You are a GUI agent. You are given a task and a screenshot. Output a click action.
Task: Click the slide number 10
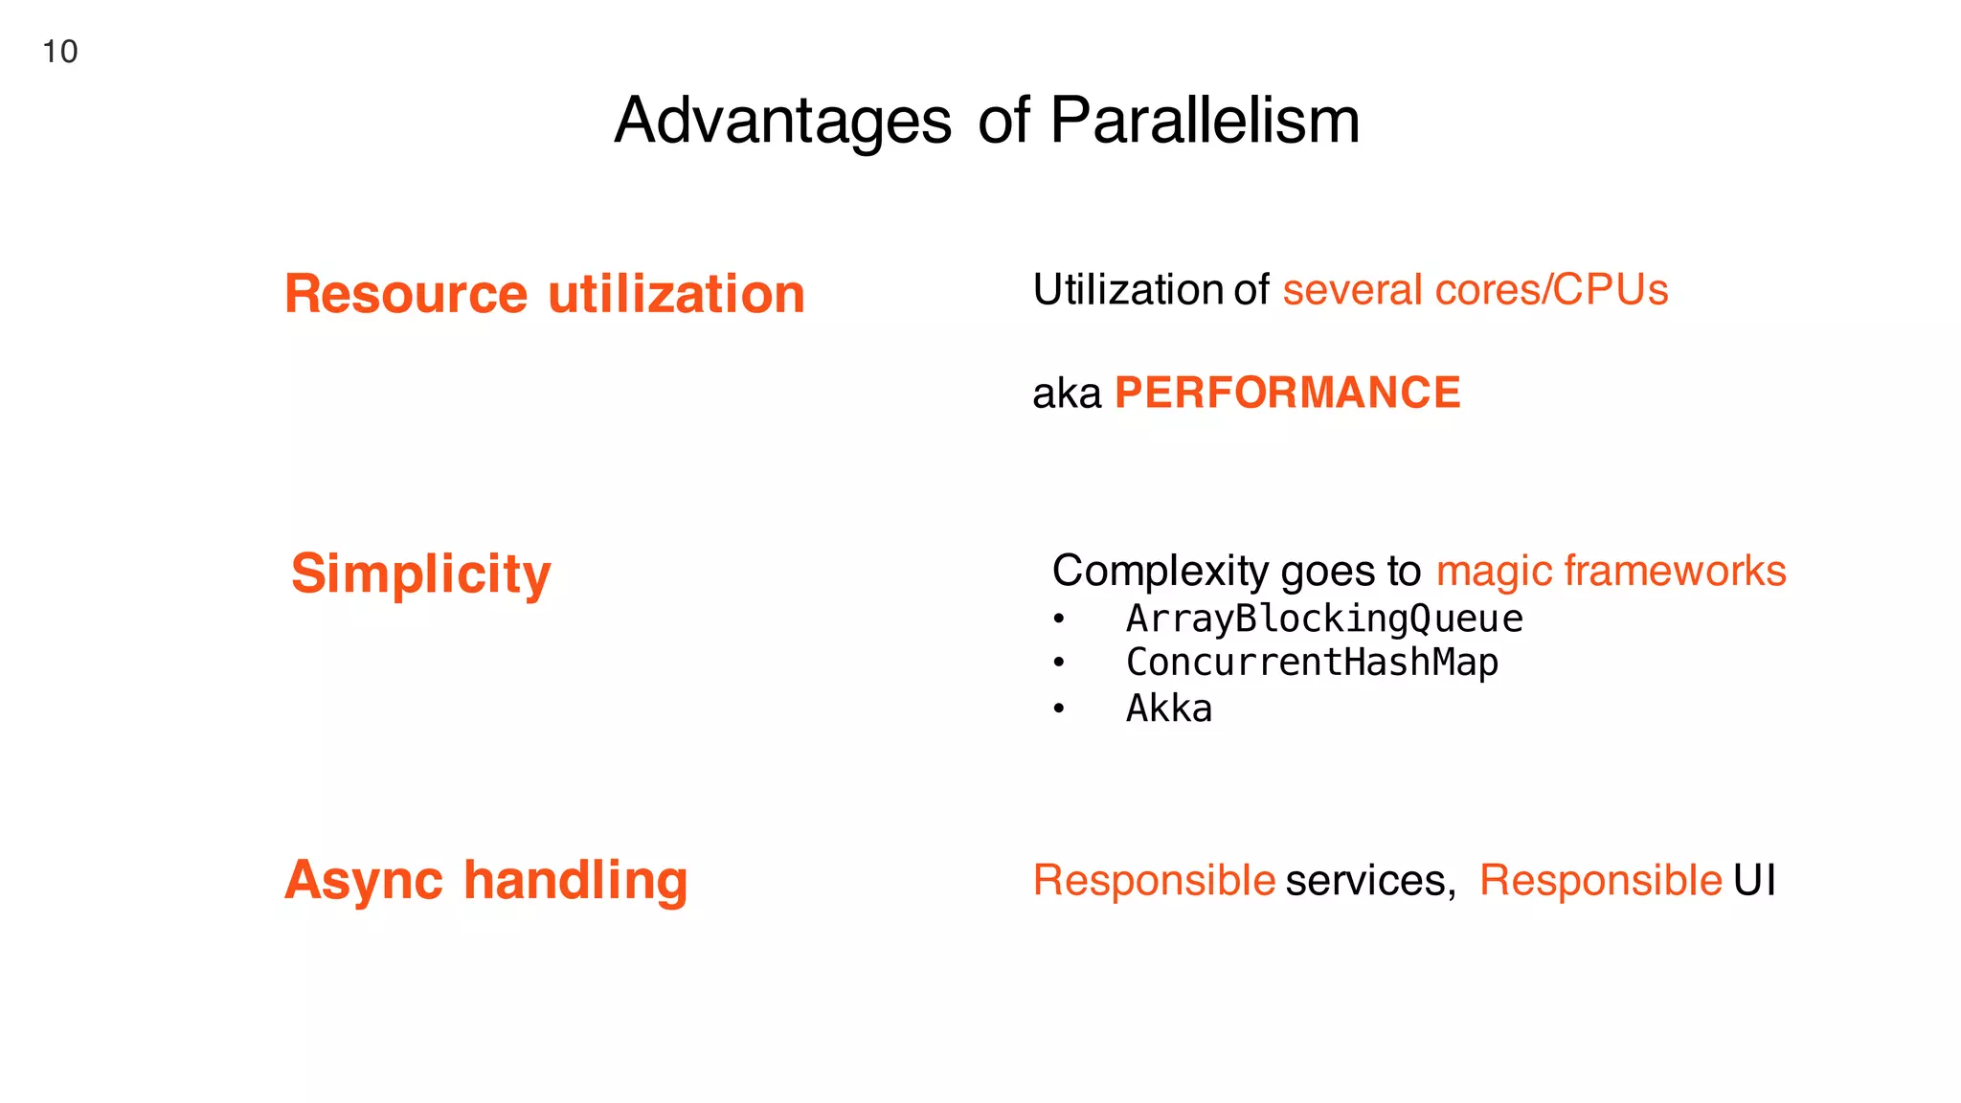59,52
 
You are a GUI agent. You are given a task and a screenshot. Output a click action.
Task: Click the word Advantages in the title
782,122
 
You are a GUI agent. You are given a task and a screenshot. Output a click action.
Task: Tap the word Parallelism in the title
1205,122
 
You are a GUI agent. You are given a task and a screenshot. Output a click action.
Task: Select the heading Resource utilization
544,294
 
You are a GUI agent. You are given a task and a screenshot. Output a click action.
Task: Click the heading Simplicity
420,574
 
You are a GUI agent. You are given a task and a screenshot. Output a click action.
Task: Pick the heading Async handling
485,880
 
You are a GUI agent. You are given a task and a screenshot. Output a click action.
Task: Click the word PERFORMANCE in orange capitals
1287,393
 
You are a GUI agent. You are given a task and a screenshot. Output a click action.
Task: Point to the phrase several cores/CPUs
1475,290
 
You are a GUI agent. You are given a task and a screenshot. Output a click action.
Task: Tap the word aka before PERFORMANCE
1066,394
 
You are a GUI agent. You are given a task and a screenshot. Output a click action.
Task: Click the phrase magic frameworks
1611,571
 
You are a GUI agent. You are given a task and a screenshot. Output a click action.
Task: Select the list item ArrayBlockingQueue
1323,619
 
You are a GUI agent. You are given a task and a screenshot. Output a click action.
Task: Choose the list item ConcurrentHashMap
1312,663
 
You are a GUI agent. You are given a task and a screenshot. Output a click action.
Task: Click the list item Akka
1168,709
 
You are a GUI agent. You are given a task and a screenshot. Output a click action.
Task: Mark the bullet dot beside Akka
1058,709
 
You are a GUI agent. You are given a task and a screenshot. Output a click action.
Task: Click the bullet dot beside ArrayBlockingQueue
1058,619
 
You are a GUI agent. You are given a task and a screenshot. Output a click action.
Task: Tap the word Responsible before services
1154,880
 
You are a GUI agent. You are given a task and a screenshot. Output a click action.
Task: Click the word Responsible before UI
1600,880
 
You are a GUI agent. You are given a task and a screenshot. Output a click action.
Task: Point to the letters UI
1754,880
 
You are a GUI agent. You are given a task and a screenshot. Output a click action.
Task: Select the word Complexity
1160,571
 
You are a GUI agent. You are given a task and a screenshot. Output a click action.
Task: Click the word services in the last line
1369,880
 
